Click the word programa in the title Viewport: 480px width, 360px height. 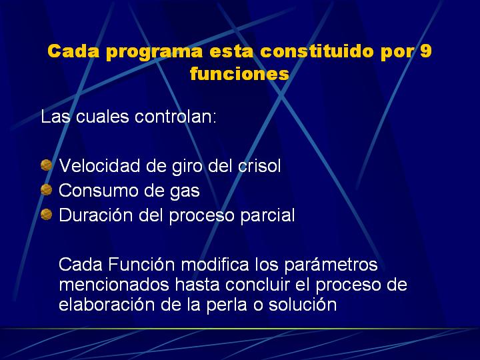[x=154, y=52]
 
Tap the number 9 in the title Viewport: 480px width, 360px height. [x=425, y=51]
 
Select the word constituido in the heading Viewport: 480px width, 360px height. [x=317, y=51]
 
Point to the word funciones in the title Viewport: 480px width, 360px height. [x=239, y=74]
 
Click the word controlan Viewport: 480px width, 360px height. [x=175, y=117]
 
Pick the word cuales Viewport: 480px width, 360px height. [x=102, y=117]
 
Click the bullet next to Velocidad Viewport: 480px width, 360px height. [x=46, y=165]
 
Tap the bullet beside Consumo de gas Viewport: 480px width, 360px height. [x=46, y=190]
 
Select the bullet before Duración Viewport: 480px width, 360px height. [x=46, y=214]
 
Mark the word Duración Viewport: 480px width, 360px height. [x=95, y=215]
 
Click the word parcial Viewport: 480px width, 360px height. [x=267, y=217]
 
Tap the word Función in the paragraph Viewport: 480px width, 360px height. [x=141, y=264]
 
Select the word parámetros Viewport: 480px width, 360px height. [x=331, y=265]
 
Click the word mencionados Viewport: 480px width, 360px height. [x=114, y=285]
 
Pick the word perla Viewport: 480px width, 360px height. [x=227, y=306]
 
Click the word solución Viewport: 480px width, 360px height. [x=303, y=305]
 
